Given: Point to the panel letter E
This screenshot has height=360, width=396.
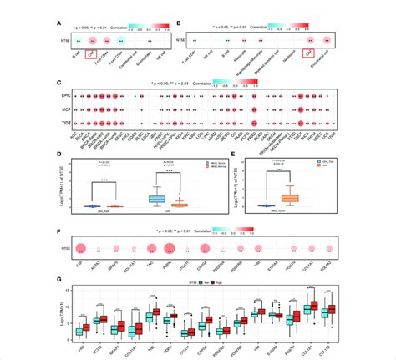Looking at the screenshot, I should pyautogui.click(x=211, y=155).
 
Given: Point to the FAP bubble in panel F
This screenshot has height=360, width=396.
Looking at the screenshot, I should pyautogui.click(x=82, y=248).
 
